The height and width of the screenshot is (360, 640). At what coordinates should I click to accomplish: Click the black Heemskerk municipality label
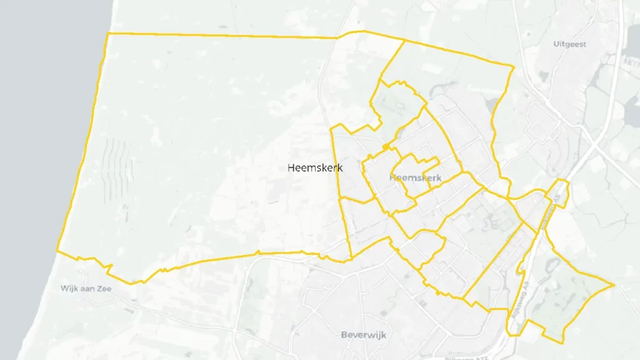[x=315, y=167]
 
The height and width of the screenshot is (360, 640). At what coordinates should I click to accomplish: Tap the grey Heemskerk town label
[x=415, y=177]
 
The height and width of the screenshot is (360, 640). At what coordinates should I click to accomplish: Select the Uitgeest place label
[x=569, y=44]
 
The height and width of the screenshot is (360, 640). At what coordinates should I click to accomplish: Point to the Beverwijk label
[x=364, y=335]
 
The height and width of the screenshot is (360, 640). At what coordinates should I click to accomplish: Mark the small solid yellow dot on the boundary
[x=387, y=147]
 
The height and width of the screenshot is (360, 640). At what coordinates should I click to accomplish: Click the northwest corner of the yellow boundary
[x=109, y=33]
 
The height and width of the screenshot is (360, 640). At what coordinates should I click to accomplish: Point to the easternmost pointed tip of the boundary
[x=614, y=285]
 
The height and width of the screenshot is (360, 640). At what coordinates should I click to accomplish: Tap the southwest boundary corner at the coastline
[x=57, y=251]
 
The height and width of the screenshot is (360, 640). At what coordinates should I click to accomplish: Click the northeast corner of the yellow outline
[x=514, y=67]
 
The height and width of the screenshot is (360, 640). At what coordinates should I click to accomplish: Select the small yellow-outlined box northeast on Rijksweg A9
[x=561, y=193]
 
